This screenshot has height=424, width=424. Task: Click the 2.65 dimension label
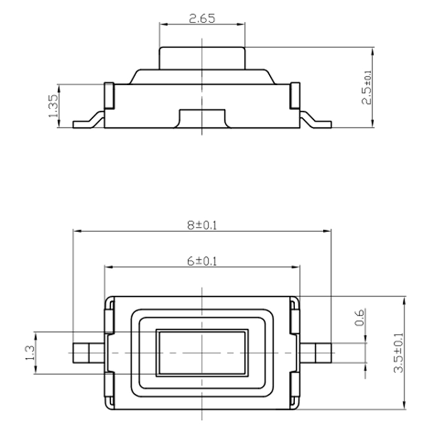pos(202,19)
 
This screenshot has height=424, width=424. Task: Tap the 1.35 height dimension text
pos(54,105)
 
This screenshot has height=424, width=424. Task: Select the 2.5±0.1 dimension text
pos(367,87)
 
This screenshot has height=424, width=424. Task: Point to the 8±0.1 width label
pos(202,225)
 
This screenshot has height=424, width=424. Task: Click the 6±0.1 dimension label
pos(202,261)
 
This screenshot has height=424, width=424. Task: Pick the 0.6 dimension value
pos(360,317)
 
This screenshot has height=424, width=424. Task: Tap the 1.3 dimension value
pos(30,352)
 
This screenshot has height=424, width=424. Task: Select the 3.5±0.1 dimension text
pos(399,352)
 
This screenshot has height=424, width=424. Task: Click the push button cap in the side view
pos(202,58)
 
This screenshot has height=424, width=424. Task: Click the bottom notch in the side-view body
pos(202,118)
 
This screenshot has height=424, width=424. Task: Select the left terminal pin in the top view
pos(89,353)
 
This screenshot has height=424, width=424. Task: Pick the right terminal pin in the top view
pos(315,353)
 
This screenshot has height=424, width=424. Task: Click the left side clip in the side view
pos(109,96)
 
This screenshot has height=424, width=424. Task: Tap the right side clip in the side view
pos(295,96)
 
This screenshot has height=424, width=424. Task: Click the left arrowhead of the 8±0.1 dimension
pos(77,231)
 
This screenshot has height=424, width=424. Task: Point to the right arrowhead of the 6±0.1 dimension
pos(296,267)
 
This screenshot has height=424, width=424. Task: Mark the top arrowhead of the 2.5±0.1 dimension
pos(373,51)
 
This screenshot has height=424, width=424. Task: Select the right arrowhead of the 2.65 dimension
pos(241,24)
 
